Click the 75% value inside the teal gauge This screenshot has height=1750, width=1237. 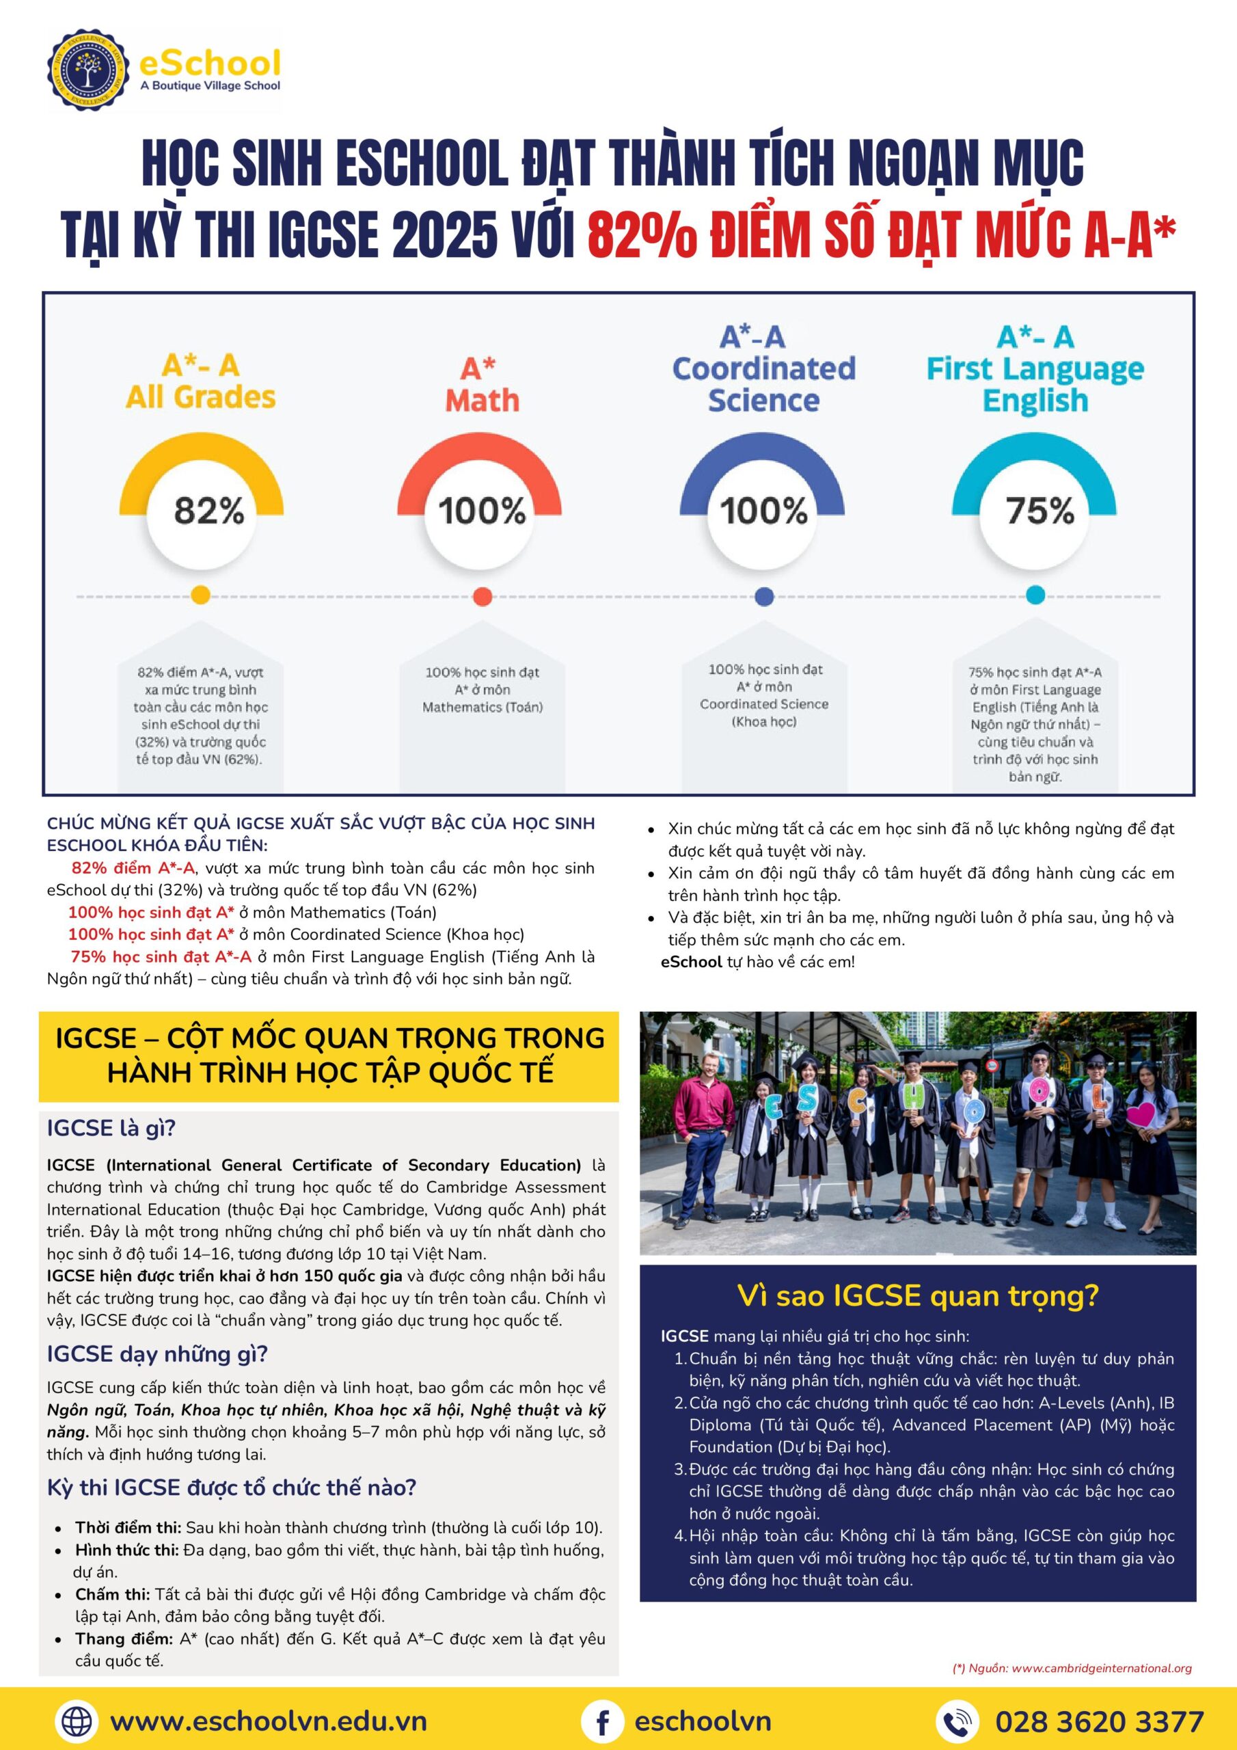1039,510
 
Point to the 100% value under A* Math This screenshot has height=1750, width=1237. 482,510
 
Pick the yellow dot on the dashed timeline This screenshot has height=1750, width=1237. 200,596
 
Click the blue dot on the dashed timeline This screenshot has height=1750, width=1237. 763,596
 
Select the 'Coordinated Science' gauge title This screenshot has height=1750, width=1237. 763,384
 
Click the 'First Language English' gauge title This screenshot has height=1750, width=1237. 1035,384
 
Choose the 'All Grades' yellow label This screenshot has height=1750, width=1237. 201,397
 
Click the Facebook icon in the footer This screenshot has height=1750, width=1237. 602,1721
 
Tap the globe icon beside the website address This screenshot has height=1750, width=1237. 77,1721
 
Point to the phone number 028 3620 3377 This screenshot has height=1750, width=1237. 1099,1721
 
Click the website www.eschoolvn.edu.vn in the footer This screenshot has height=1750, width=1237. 269,1721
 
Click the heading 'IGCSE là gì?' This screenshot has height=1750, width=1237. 111,1128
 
